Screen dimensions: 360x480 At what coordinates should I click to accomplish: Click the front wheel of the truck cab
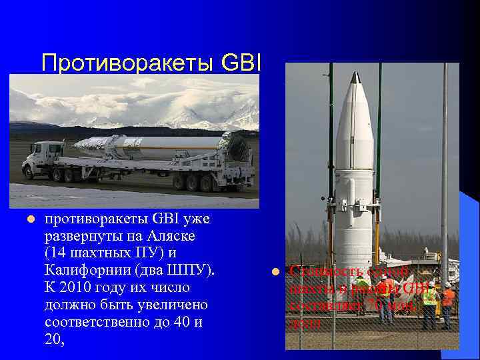[x=31, y=173]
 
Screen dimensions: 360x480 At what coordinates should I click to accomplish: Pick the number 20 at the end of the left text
[x=53, y=339]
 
